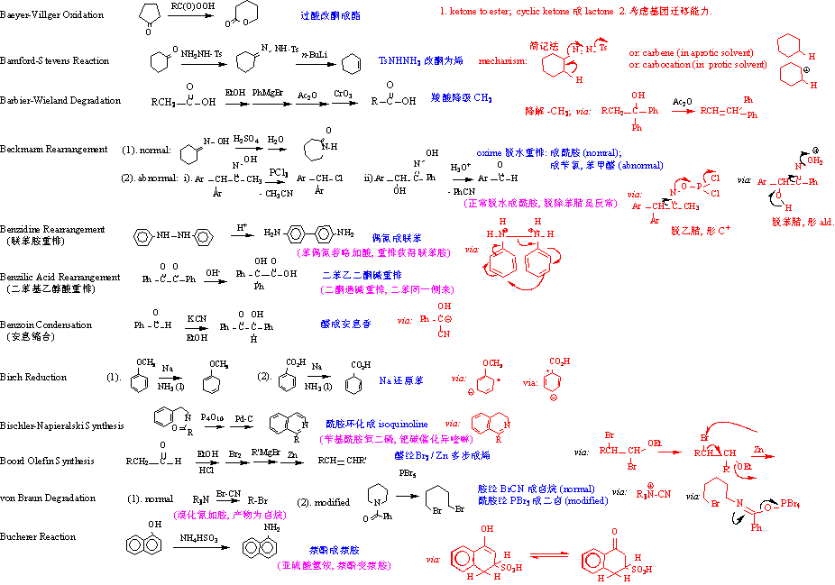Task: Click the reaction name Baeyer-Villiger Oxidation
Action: pos(51,15)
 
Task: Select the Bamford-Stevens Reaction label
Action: pos(55,60)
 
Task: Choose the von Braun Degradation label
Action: pos(48,498)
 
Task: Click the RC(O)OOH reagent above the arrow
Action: pos(191,6)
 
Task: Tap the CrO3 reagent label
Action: pos(342,92)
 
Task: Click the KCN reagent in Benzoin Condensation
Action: pos(197,319)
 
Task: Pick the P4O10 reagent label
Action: pos(213,417)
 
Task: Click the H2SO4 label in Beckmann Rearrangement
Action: pos(245,139)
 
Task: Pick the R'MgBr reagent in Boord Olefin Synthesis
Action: pos(264,453)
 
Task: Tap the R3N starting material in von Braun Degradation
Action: pos(201,498)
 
